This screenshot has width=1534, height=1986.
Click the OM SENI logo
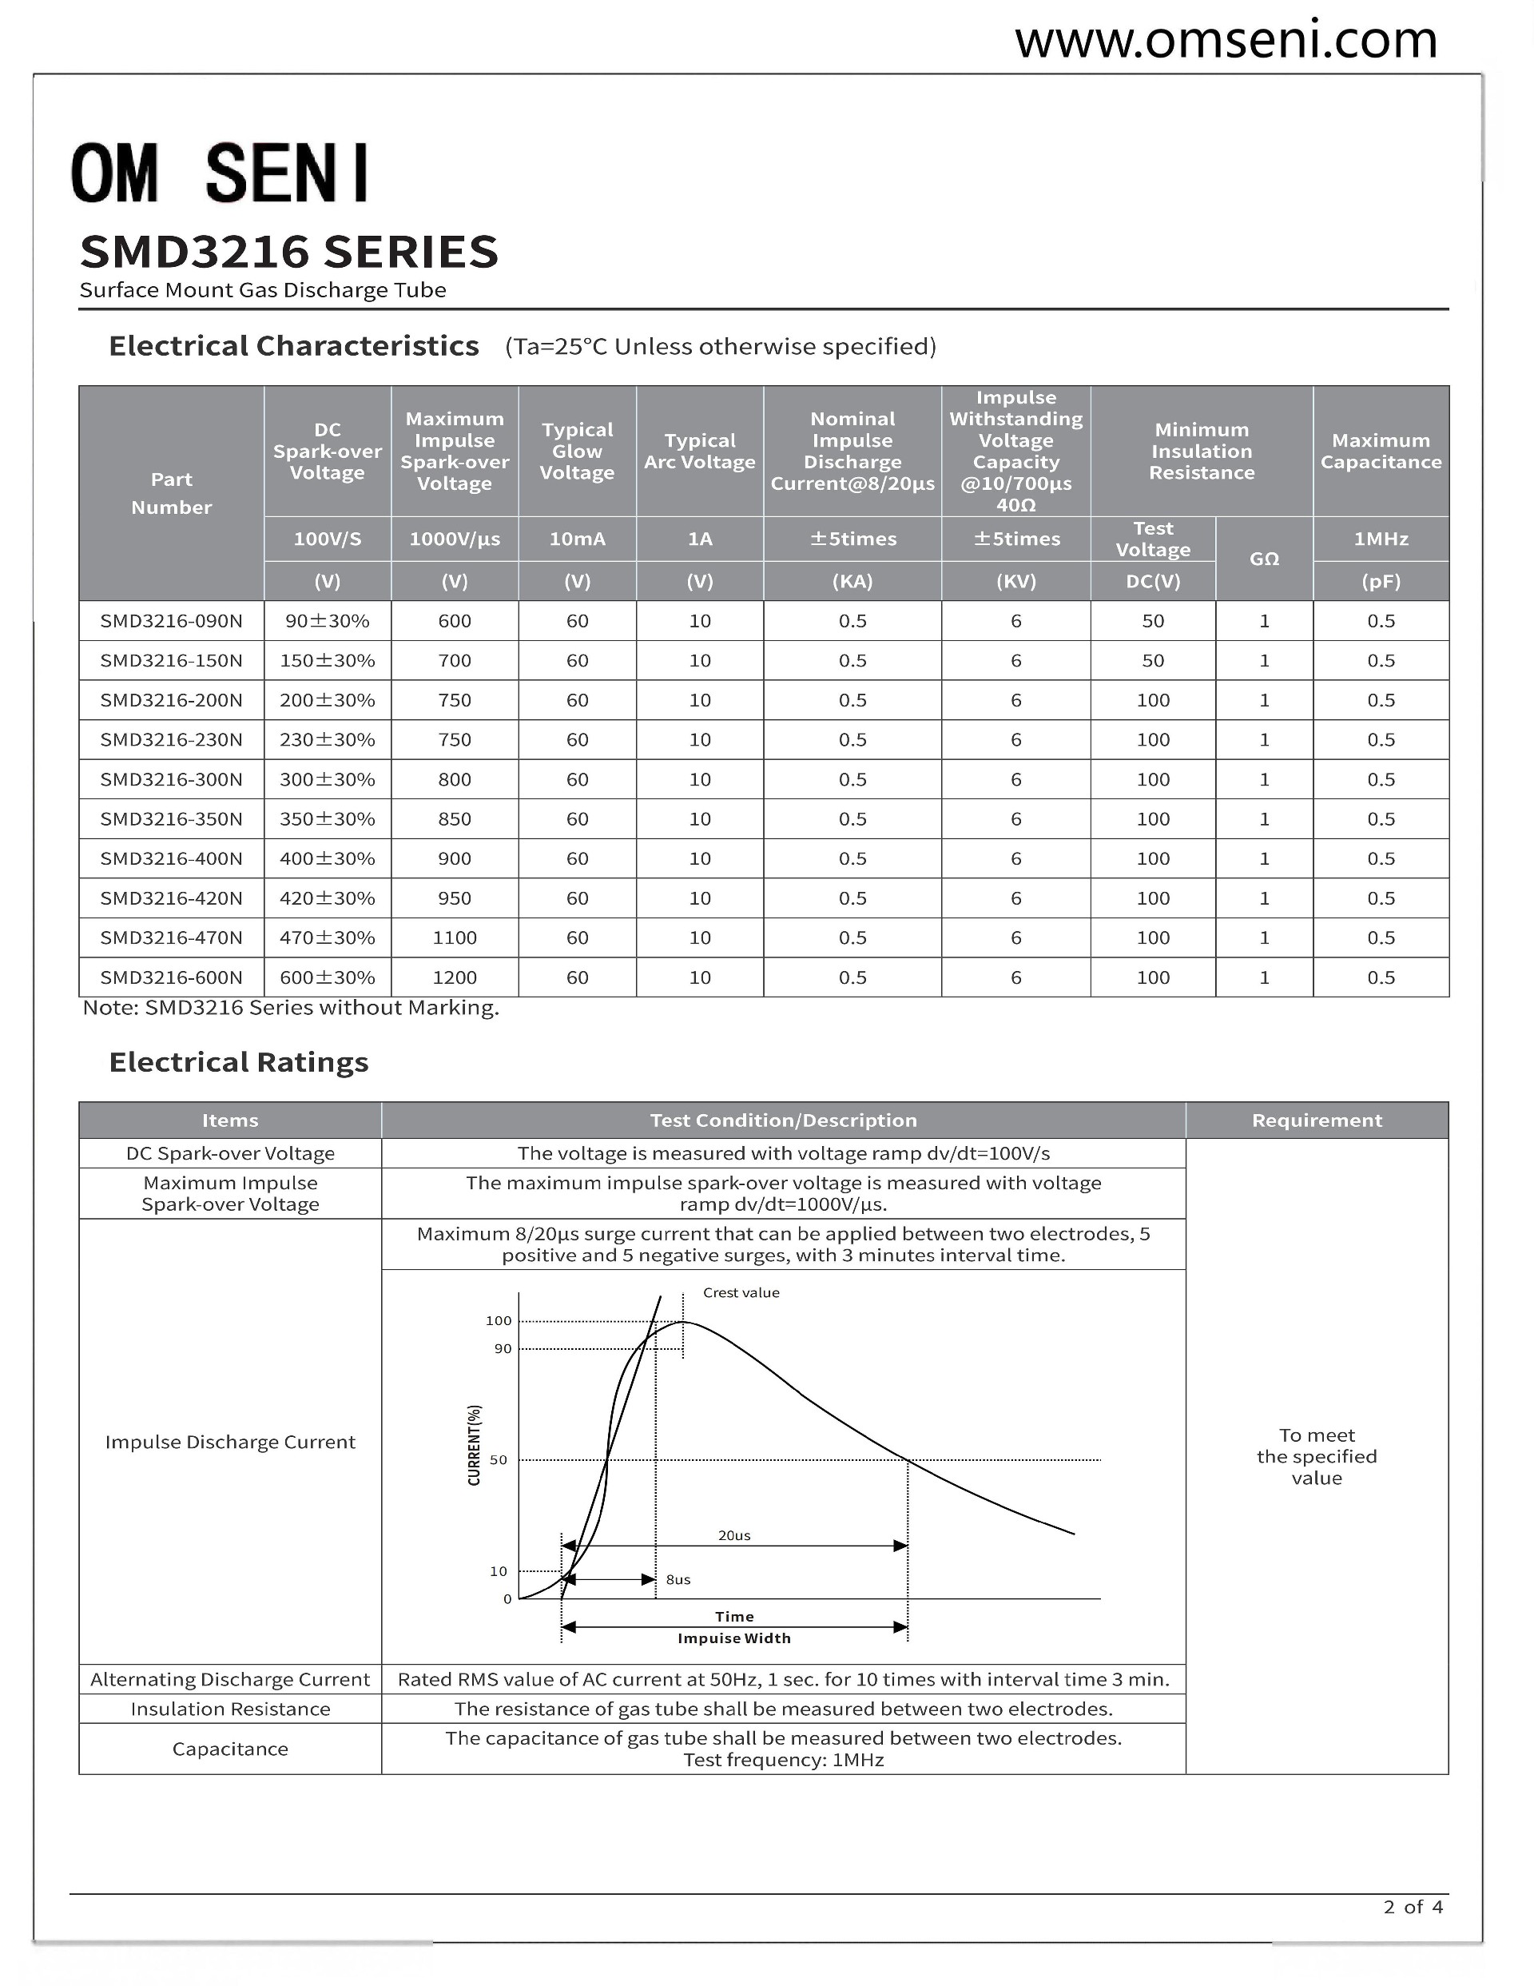[x=221, y=173]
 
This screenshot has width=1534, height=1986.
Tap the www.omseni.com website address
[x=1226, y=40]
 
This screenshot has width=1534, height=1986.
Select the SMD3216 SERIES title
[x=289, y=252]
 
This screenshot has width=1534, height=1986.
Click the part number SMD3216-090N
[x=171, y=621]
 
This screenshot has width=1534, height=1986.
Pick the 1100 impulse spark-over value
[x=455, y=937]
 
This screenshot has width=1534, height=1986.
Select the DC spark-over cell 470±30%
[x=328, y=937]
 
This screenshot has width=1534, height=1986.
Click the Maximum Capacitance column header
[x=1381, y=451]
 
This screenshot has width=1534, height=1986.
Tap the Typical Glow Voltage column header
[x=578, y=451]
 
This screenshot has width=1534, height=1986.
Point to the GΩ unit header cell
[x=1264, y=559]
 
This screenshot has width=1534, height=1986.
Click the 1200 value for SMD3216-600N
[x=455, y=977]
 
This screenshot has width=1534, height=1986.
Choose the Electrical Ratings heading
[x=238, y=1062]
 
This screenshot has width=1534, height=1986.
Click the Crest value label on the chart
[x=741, y=1293]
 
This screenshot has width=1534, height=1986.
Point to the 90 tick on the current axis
[x=503, y=1348]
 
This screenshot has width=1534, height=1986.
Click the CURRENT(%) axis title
[x=474, y=1445]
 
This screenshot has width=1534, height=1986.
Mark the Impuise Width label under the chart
[x=733, y=1638]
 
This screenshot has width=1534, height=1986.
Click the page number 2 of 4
[x=1413, y=1906]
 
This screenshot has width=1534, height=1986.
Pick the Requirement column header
[x=1317, y=1120]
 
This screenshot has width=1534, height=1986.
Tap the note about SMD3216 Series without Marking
[x=291, y=1008]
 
